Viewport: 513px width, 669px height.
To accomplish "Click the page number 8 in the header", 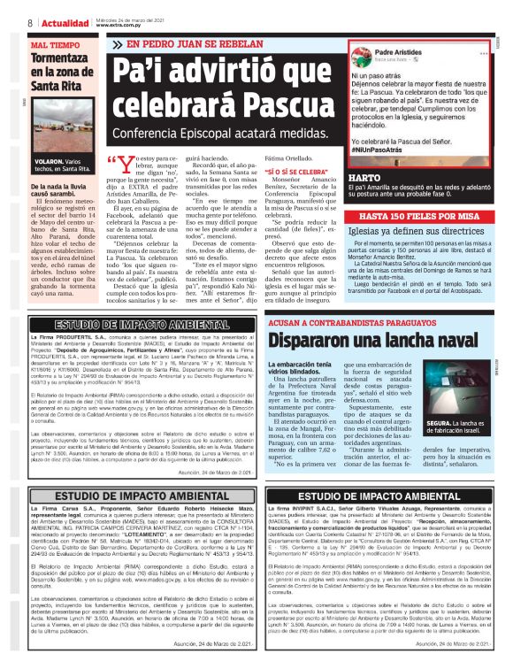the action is point(31,21).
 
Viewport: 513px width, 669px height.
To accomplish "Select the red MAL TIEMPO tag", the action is point(55,43).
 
